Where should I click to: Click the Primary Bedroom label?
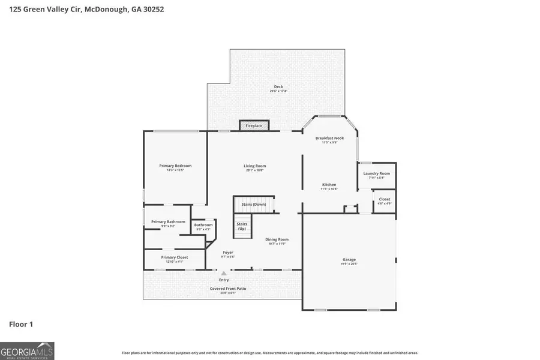coord(175,166)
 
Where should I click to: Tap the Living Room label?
coord(254,166)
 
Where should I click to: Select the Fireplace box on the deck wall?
coord(254,126)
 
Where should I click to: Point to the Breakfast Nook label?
coord(329,138)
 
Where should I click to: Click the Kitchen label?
coord(329,185)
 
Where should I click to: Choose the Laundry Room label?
coord(377,173)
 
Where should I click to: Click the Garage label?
coord(349,260)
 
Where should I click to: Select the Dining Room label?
coord(277,239)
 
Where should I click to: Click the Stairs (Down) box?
coord(254,205)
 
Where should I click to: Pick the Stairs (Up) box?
coord(242,226)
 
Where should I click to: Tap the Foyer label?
coord(228,253)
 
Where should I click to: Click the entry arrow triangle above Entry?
coord(224,273)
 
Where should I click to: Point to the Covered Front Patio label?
coord(228,289)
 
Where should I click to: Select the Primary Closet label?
coord(174,257)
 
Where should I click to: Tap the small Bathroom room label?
coord(203,225)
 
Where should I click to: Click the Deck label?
coord(278,87)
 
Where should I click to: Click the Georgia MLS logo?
coord(27,350)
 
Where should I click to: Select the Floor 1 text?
coord(21,324)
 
